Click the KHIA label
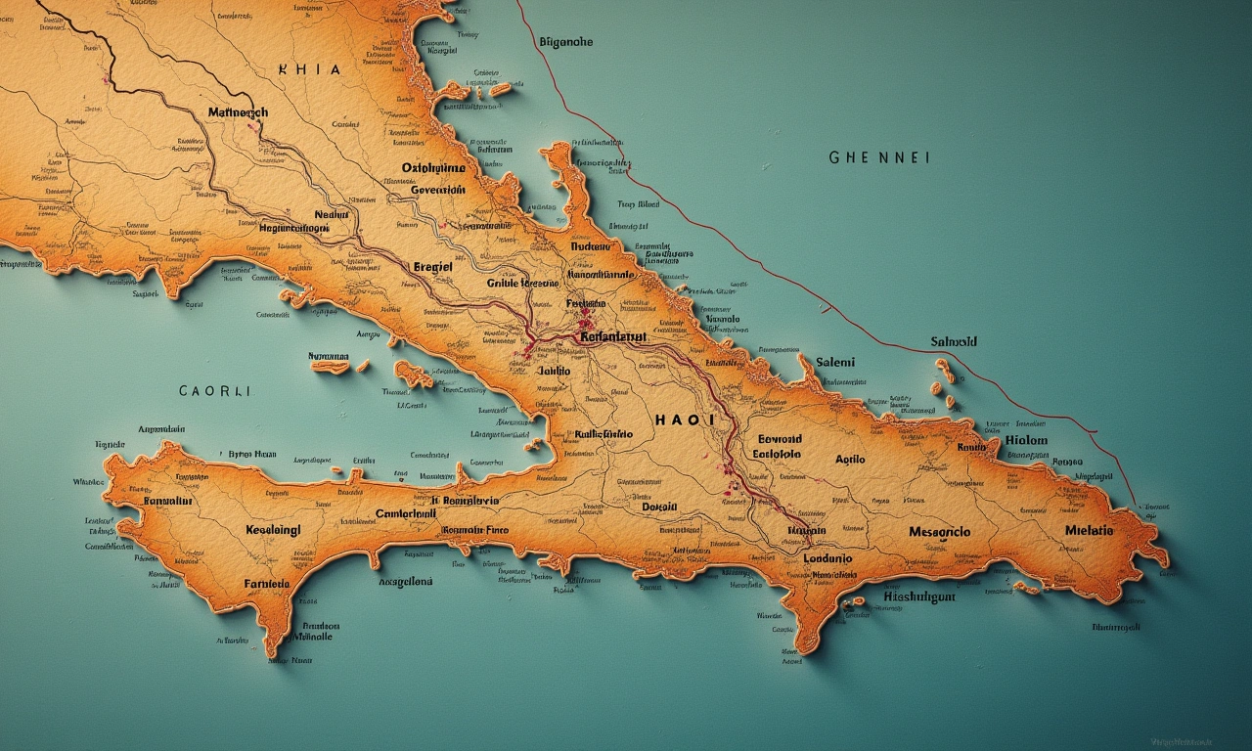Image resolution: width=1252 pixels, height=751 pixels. (309, 70)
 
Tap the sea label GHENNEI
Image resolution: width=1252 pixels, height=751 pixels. (878, 156)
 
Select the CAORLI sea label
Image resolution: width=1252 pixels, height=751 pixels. (214, 390)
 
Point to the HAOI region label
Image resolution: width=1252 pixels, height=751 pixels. (685, 419)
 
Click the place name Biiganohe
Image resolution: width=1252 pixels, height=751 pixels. (565, 42)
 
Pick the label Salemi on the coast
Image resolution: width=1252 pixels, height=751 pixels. (834, 362)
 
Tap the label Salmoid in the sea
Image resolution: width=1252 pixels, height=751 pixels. (954, 342)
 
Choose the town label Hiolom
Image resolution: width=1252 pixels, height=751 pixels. (1026, 440)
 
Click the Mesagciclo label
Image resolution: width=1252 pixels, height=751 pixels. (939, 532)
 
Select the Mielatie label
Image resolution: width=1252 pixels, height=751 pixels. (1089, 530)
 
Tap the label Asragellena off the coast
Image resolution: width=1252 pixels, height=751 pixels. (405, 581)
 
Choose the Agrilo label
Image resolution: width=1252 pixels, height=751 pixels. (850, 459)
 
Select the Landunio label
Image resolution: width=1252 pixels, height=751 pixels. (827, 558)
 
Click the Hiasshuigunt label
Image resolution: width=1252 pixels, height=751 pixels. (918, 596)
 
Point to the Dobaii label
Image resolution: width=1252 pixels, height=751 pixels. (659, 507)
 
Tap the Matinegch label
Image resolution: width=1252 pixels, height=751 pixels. (238, 112)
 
